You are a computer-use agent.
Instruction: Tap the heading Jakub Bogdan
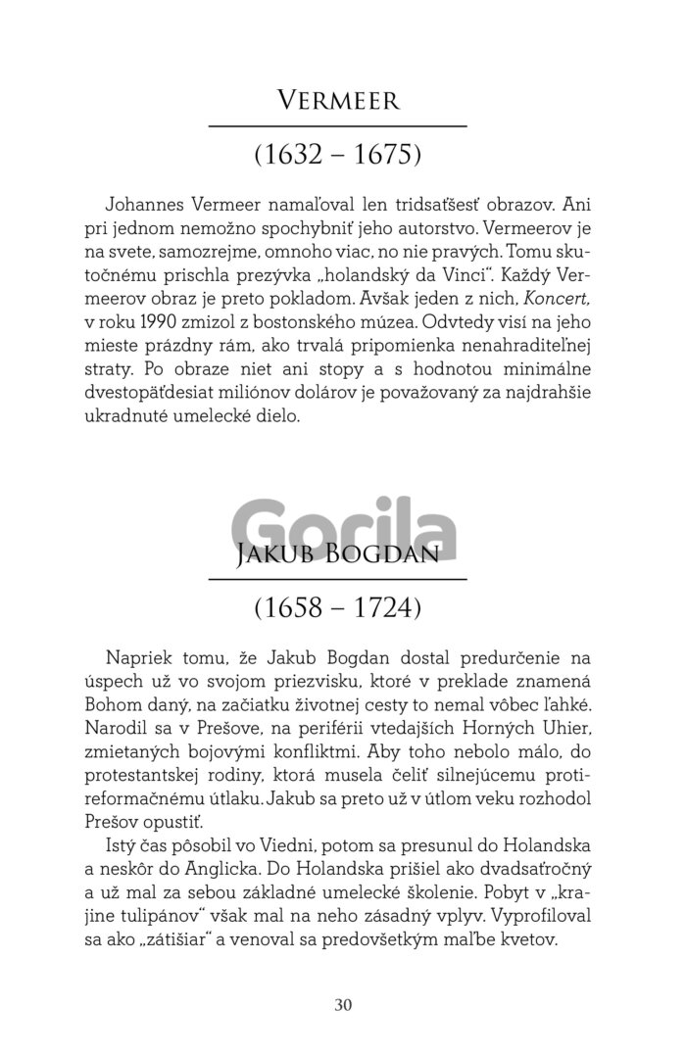(337, 555)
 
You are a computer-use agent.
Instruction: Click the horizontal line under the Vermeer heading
(337, 126)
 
